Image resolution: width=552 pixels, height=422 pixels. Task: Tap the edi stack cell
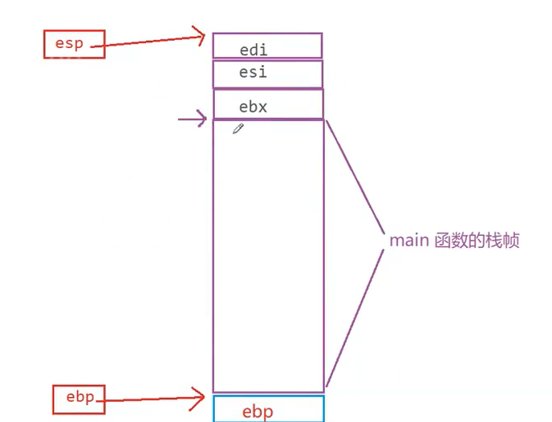pos(267,46)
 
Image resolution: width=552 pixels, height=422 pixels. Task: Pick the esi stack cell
pos(267,74)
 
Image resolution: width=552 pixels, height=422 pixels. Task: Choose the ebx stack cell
pos(268,104)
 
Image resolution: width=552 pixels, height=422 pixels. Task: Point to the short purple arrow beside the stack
pos(191,120)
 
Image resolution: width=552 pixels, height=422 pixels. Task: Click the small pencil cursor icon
pos(237,128)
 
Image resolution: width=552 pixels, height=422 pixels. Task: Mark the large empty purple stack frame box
pos(268,257)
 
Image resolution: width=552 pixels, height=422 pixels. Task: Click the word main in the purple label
pos(408,241)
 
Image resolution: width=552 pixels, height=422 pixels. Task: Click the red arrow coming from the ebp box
pos(152,396)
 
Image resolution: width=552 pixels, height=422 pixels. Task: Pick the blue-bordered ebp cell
pos(268,409)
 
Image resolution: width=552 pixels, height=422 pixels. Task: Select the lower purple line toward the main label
pos(353,321)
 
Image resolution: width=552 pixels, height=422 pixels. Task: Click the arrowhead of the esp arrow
pos(201,34)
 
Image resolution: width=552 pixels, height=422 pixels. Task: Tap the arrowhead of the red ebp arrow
pos(201,394)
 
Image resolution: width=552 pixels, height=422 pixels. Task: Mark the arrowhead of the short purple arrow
pos(202,120)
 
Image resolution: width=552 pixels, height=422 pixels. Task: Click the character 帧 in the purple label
pos(511,241)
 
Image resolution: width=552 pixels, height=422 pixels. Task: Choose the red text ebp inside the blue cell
pos(258,412)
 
